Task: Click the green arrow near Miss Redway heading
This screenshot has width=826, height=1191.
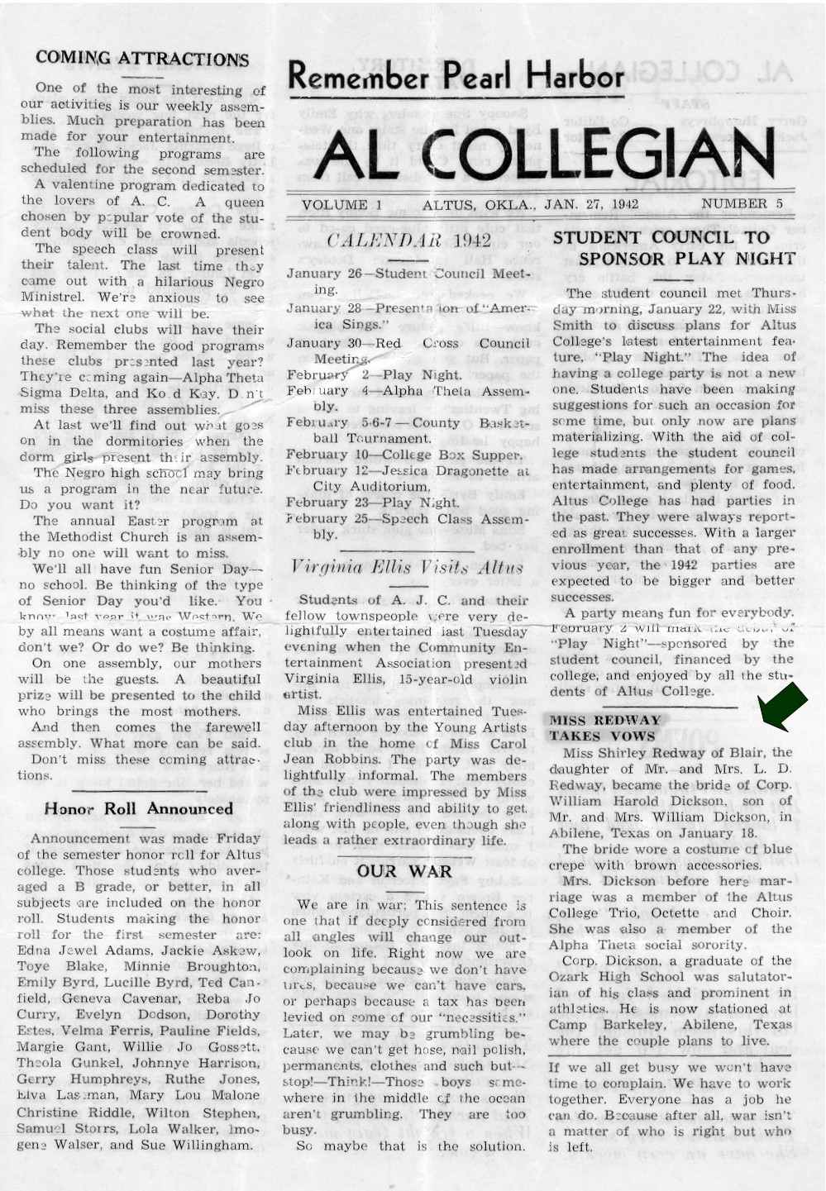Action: (782, 708)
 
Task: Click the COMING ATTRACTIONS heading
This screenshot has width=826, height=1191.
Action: (142, 59)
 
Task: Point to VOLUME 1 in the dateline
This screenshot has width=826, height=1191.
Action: (335, 205)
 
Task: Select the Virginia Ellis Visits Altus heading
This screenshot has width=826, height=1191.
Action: (408, 568)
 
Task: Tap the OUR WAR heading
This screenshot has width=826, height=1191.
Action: (404, 871)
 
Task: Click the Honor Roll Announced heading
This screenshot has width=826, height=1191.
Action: (138, 808)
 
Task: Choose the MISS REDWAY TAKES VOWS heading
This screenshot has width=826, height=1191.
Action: (605, 728)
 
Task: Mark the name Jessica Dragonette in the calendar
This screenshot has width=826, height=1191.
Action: (451, 470)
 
